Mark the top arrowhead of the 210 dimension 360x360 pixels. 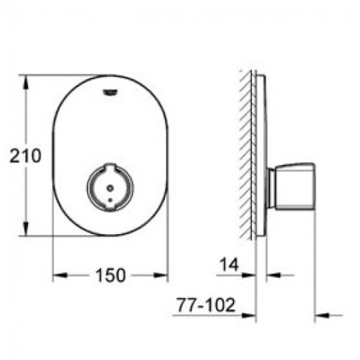coord(27,78)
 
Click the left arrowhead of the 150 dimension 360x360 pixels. coord(59,275)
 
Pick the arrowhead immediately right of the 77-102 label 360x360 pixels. coord(251,315)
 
